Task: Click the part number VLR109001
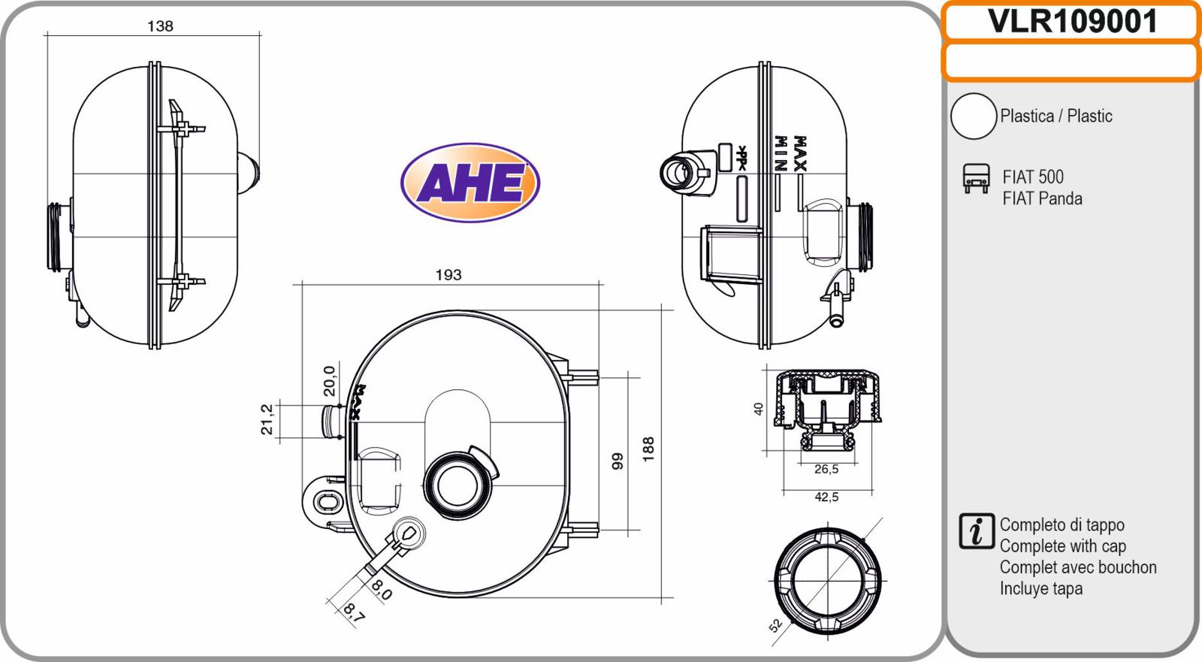coord(1071,22)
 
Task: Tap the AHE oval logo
coord(470,183)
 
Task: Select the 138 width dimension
coord(160,26)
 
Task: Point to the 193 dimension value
coord(448,275)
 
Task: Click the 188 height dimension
coord(648,449)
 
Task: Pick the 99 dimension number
coord(618,461)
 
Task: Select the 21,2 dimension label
coord(267,419)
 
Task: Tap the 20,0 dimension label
coord(330,381)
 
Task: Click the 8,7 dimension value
coord(354,613)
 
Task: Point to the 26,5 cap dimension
coord(826,469)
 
